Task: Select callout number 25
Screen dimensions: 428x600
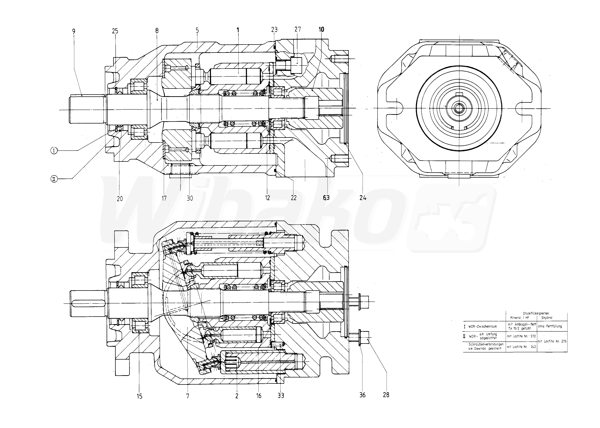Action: click(x=115, y=31)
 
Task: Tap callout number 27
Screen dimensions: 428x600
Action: click(x=298, y=29)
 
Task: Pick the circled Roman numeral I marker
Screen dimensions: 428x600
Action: click(x=54, y=151)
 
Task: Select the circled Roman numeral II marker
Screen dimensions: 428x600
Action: click(x=54, y=179)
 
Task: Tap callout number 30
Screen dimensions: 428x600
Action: click(x=190, y=198)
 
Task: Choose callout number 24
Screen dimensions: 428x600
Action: click(x=363, y=198)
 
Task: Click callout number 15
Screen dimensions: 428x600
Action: click(x=139, y=396)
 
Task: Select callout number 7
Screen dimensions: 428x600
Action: click(x=188, y=396)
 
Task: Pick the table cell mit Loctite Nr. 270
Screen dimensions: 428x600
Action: click(x=552, y=341)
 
